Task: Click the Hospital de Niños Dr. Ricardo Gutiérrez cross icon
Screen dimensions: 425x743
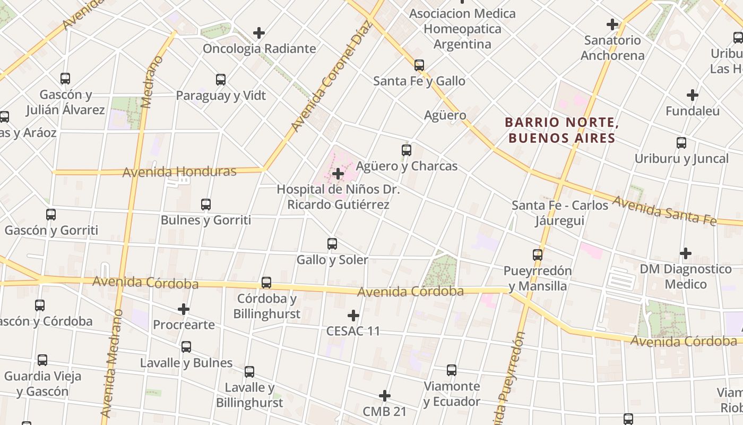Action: click(x=338, y=173)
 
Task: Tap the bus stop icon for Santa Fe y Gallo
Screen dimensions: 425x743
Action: click(x=419, y=65)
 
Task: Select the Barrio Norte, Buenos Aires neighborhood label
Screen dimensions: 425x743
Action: click(x=561, y=130)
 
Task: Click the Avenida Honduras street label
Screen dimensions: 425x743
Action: click(x=179, y=172)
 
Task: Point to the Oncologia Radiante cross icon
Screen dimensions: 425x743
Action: click(x=259, y=33)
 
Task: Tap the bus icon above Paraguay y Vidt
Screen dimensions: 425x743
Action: click(x=221, y=80)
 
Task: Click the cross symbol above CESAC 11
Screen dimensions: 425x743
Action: click(x=353, y=316)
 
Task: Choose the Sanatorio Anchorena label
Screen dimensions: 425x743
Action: click(x=612, y=48)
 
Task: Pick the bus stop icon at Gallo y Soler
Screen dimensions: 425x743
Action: click(x=332, y=244)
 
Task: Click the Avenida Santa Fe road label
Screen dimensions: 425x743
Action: click(x=664, y=210)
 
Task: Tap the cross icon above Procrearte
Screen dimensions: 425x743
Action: click(x=184, y=309)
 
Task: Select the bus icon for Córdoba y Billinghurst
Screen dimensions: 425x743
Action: click(x=266, y=283)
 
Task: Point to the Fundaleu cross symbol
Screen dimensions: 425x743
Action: click(x=692, y=96)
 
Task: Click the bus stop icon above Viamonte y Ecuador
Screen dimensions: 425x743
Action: click(x=452, y=370)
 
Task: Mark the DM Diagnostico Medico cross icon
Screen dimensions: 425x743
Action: click(x=686, y=253)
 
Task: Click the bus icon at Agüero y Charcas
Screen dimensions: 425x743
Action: click(x=407, y=150)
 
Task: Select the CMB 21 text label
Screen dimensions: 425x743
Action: click(x=385, y=411)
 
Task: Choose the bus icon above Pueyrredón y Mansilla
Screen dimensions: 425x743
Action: click(x=538, y=255)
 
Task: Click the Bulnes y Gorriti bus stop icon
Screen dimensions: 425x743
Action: click(x=206, y=204)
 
